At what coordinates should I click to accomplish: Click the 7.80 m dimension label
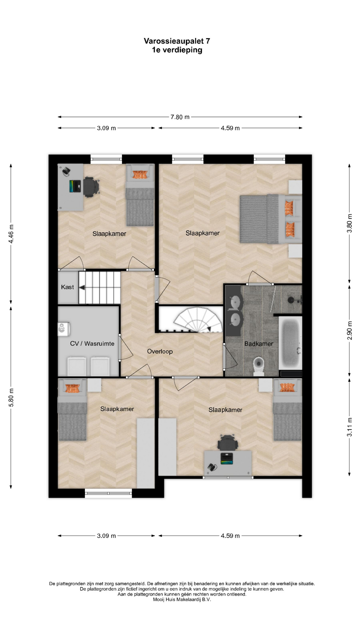[180, 117]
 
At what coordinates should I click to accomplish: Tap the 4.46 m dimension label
[11, 234]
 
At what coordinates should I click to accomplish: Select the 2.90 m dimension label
[349, 330]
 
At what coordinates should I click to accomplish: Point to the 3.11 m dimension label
[349, 427]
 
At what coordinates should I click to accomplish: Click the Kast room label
[67, 287]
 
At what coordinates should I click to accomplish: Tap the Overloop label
[160, 351]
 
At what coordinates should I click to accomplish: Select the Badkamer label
[259, 344]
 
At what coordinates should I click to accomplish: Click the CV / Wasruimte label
[92, 344]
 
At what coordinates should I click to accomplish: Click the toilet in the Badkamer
[259, 366]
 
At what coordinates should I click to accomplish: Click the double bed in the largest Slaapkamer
[271, 219]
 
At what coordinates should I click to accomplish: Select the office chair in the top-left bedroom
[91, 187]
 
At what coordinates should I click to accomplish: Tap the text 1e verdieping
[177, 50]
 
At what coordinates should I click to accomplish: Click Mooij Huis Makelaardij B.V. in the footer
[182, 599]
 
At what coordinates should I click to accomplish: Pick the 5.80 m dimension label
[11, 397]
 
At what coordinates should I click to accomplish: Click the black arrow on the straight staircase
[81, 287]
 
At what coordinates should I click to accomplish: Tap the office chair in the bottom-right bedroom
[228, 443]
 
